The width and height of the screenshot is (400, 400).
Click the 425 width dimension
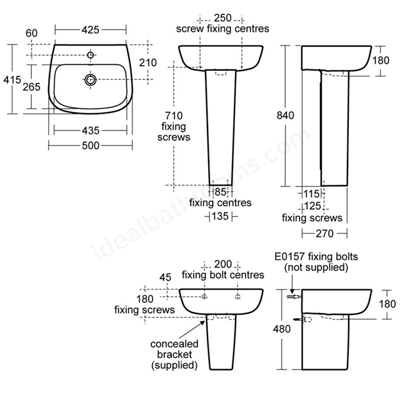point(90,30)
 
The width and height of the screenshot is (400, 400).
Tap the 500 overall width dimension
point(91,146)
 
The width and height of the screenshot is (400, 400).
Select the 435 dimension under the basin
point(91,131)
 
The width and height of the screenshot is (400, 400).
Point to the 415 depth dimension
point(12,80)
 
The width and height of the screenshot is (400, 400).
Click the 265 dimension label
point(31,87)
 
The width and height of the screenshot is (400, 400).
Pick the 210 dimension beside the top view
point(147,62)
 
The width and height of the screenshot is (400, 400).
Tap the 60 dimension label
point(32,33)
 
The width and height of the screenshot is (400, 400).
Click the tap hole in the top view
point(90,55)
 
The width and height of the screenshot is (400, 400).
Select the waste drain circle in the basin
point(91,80)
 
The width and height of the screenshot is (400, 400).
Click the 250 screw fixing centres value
point(222,18)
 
